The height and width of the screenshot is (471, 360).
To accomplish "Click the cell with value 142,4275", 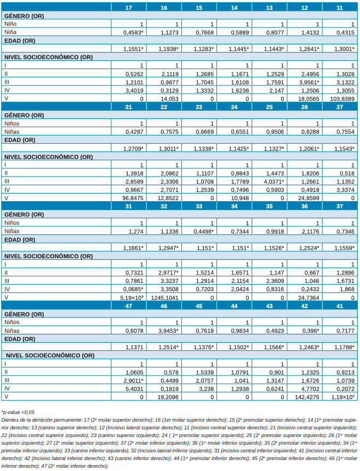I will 307,396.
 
